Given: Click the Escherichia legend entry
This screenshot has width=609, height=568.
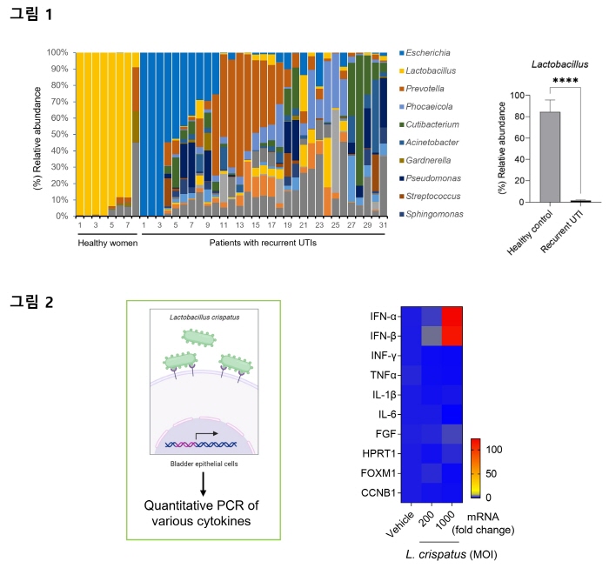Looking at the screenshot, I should [428, 53].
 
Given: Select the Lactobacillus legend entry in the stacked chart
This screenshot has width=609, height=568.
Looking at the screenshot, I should [431, 70].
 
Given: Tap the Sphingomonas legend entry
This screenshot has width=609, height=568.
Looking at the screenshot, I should [432, 214].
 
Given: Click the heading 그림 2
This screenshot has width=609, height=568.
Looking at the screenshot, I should [30, 301].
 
